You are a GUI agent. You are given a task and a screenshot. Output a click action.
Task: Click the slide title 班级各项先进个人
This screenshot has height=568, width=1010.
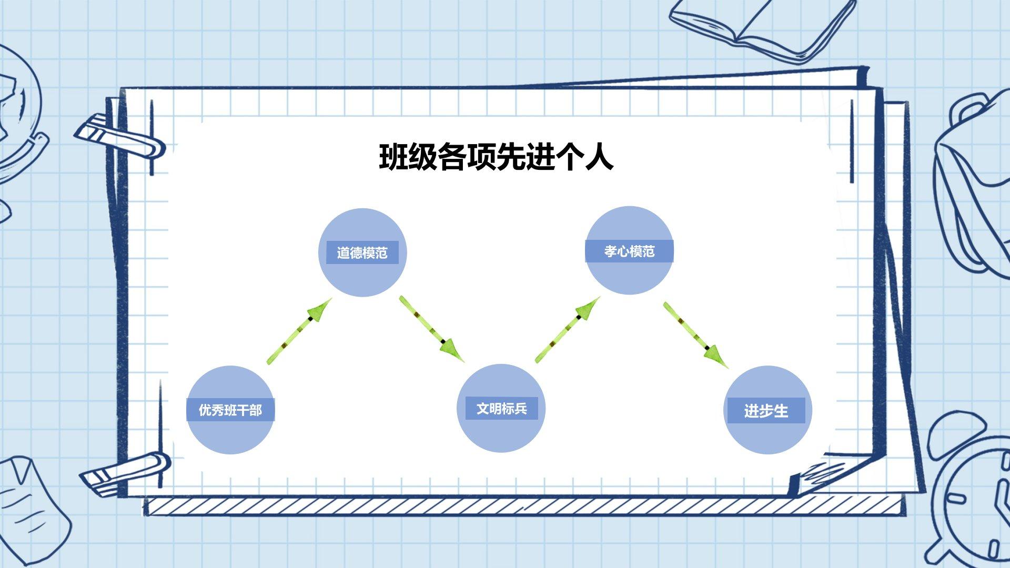click(496, 157)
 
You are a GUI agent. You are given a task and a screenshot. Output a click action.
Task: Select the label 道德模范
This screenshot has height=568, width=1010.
click(362, 253)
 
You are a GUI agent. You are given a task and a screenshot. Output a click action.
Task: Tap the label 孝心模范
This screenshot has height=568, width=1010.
click(629, 251)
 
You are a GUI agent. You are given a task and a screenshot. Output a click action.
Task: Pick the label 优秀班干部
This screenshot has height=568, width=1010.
click(230, 410)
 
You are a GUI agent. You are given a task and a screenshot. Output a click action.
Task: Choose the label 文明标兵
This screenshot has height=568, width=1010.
click(501, 409)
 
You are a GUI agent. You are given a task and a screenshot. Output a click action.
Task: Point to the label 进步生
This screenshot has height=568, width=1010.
click(766, 411)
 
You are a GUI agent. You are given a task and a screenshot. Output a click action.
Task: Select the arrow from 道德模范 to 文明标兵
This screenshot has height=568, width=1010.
click(432, 329)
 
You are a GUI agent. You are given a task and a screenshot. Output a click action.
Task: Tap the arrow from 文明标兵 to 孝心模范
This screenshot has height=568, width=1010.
click(568, 330)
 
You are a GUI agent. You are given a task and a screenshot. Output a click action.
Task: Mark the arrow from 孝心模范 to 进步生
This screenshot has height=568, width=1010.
click(695, 335)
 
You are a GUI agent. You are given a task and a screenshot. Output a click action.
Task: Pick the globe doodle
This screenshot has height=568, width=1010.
click(18, 116)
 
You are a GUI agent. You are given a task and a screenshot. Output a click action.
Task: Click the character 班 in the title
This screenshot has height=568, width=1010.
click(393, 157)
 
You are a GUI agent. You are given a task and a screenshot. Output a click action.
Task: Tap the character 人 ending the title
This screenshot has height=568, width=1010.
click(599, 157)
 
